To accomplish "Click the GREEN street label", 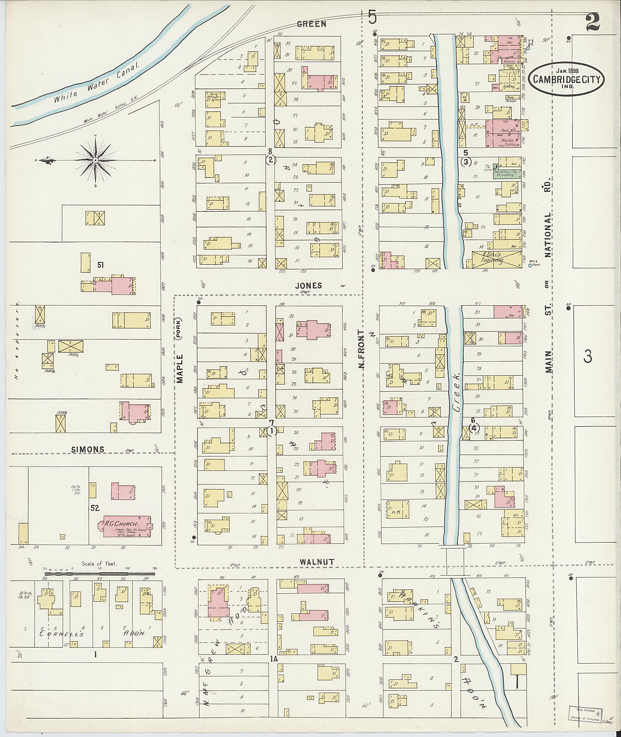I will click(311, 24).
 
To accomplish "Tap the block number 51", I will click(100, 265).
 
